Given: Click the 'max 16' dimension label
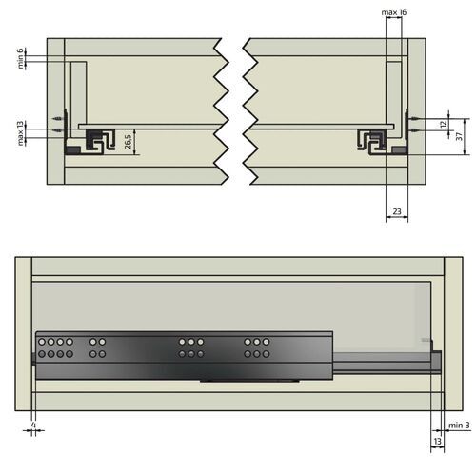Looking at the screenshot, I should [394, 10].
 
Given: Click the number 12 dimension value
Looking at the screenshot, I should [443, 124].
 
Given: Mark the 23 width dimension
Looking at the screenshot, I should [396, 212].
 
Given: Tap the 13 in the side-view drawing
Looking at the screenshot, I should [437, 443].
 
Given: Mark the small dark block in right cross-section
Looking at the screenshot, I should [400, 149].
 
